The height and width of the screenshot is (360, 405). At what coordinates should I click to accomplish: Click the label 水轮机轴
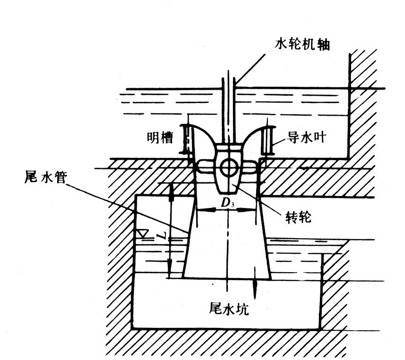(302, 45)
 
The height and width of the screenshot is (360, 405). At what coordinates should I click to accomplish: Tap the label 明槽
(160, 137)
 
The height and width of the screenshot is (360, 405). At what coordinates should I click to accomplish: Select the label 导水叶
(306, 137)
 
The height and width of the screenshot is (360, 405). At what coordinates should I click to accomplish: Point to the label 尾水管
(46, 177)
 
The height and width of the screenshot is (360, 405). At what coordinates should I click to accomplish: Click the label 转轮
(299, 217)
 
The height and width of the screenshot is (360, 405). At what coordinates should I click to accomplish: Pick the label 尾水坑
(229, 308)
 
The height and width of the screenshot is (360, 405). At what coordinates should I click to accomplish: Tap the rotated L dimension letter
(162, 235)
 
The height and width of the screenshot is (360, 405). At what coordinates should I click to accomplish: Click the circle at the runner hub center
(228, 168)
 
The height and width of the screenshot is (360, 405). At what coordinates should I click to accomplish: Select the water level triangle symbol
(143, 234)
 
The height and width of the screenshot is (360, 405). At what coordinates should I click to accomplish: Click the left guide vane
(186, 139)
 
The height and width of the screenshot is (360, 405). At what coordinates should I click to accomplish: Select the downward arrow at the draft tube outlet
(255, 283)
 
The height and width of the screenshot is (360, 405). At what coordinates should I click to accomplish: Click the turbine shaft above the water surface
(229, 79)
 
